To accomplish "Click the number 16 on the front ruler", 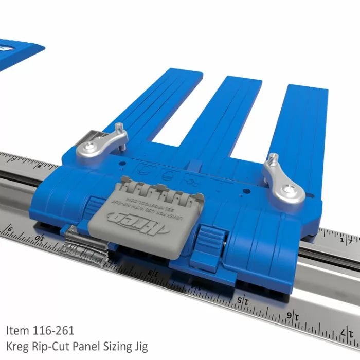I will [292, 315].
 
